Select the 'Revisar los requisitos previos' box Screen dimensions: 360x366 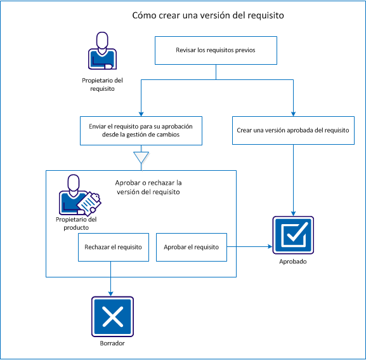click(216, 50)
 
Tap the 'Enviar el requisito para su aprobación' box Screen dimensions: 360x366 click(141, 130)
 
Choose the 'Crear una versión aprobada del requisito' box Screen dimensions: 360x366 click(293, 130)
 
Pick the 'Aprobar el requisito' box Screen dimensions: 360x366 click(191, 247)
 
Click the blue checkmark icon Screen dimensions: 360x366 click(292, 235)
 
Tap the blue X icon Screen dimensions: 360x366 click(112, 317)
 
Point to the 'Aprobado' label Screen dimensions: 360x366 click(292, 261)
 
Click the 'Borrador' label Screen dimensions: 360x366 click(112, 343)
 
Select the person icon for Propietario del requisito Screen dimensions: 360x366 click(101, 51)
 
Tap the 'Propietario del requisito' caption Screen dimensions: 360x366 click(101, 84)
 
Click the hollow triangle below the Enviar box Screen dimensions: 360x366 click(141, 157)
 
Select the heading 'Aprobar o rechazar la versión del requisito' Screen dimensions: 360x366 click(148, 187)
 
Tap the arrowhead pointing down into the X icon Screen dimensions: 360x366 click(112, 293)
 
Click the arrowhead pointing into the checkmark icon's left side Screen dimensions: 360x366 click(269, 247)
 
